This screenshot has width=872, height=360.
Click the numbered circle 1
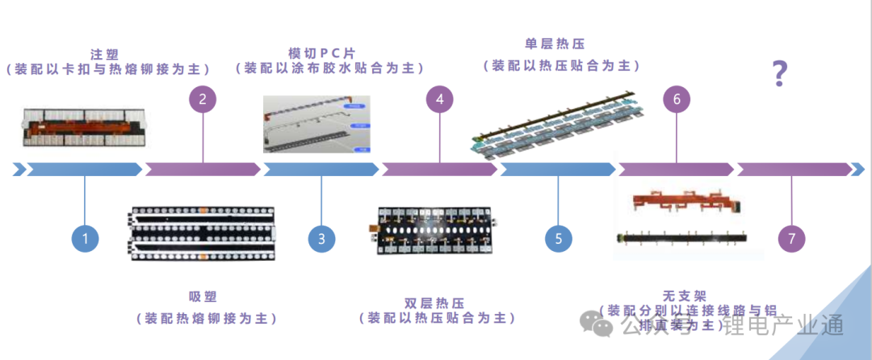click(x=85, y=238)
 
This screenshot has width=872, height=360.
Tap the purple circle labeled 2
click(x=203, y=99)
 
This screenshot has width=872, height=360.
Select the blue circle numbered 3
click(x=321, y=238)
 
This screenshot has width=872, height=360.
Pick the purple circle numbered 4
click(x=439, y=99)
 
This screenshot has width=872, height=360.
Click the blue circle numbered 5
click(x=558, y=238)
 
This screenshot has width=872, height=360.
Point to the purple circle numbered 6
click(x=677, y=99)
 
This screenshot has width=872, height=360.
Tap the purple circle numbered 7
click(x=792, y=238)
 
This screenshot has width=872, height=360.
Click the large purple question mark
click(x=779, y=73)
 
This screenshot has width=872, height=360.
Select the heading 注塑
click(x=105, y=54)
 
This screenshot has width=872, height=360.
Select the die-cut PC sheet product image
click(x=317, y=124)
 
